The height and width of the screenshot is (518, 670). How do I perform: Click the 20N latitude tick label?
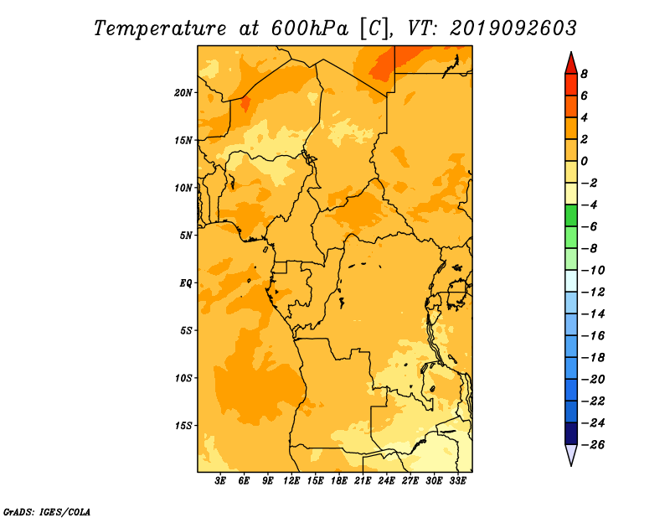click(x=183, y=93)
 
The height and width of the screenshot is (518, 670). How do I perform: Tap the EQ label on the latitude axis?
click(x=185, y=283)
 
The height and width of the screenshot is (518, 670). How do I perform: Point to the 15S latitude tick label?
click(x=183, y=426)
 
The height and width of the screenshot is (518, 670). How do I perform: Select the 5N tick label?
click(x=186, y=236)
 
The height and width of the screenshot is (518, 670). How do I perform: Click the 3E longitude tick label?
click(x=220, y=480)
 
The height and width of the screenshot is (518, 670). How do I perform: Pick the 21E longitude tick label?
click(x=363, y=480)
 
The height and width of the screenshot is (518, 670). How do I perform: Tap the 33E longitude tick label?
click(x=457, y=480)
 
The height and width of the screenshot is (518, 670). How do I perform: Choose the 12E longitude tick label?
click(x=291, y=480)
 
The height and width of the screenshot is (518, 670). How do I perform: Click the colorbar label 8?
click(x=584, y=74)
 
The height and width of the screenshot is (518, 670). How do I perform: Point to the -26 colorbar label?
click(x=593, y=445)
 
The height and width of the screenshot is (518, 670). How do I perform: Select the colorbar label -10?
click(x=593, y=271)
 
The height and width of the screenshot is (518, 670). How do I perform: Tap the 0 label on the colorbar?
click(x=584, y=161)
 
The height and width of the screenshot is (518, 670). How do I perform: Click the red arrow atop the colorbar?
click(x=571, y=64)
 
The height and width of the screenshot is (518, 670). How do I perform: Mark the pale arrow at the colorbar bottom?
click(x=571, y=454)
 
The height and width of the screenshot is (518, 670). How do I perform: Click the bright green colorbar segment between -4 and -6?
click(x=571, y=215)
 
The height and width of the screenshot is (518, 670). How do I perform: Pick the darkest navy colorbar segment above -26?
click(x=571, y=433)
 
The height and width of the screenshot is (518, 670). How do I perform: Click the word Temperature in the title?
click(x=160, y=28)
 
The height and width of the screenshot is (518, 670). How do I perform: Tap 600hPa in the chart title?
click(x=310, y=28)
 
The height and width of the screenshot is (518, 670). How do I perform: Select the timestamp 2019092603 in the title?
click(x=513, y=28)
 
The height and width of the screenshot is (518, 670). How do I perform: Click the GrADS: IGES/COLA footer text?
click(x=47, y=512)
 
